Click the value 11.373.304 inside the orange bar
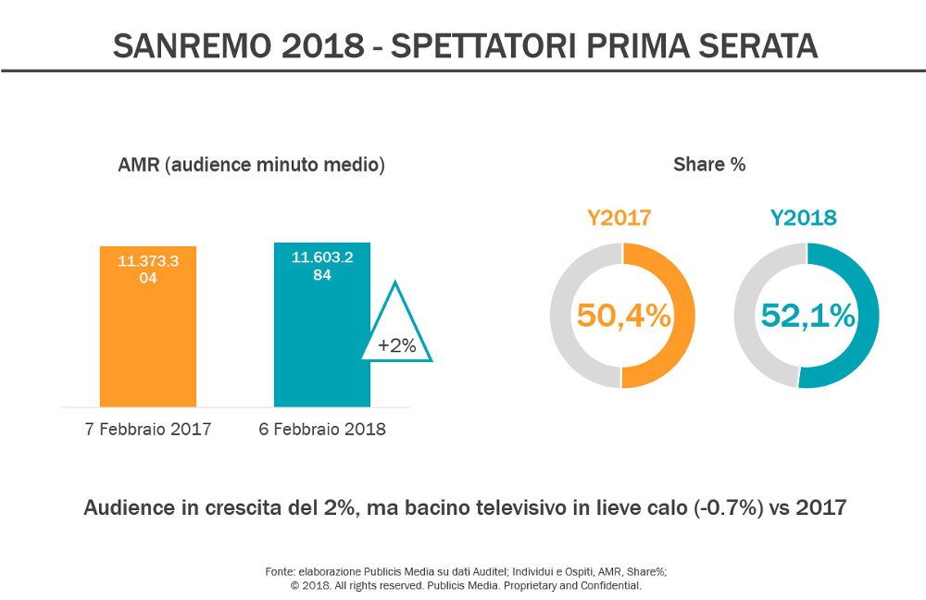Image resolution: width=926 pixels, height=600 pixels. coord(148,269)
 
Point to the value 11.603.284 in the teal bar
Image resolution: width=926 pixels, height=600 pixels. coord(322,266)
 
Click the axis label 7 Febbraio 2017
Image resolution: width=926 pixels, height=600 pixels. coord(148,430)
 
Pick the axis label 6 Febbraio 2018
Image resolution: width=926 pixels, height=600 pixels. coord(321,430)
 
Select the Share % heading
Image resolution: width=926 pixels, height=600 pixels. coord(709,165)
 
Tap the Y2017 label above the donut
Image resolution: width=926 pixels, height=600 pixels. coord(619,219)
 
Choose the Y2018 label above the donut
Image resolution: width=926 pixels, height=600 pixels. coord(804,219)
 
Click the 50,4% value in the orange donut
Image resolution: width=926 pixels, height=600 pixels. coord(623,316)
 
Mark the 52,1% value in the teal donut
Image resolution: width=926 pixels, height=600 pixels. coord(807,316)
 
